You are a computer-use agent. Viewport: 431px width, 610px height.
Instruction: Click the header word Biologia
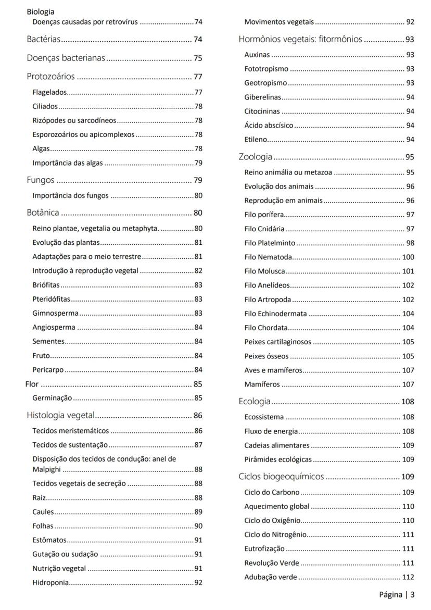[x=41, y=11]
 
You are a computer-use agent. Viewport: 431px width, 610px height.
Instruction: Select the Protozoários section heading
[x=52, y=77]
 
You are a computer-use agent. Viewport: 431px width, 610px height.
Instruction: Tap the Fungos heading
[x=41, y=181]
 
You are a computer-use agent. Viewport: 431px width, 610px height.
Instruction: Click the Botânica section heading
[x=43, y=213]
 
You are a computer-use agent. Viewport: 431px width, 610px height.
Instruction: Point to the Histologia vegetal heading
[x=60, y=415]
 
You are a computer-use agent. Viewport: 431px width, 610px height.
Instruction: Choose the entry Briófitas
[x=46, y=284]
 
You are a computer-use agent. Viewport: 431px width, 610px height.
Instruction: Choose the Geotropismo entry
[x=265, y=83]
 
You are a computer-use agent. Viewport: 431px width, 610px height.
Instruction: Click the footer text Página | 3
[x=397, y=594]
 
